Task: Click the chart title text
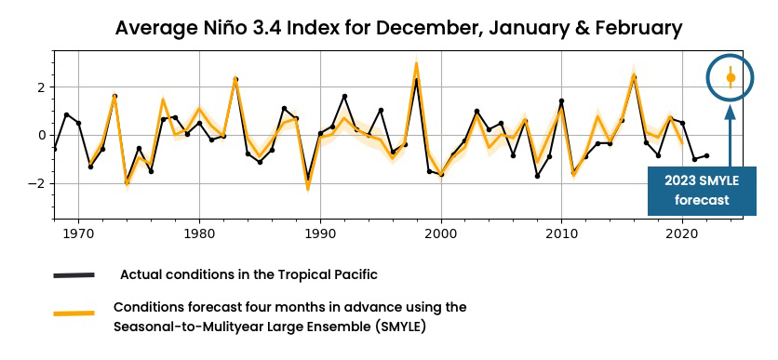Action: [398, 28]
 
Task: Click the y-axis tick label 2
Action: [41, 87]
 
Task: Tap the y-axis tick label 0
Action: [41, 135]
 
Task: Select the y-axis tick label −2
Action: [37, 183]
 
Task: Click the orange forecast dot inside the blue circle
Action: [731, 78]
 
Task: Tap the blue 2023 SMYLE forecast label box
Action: [702, 191]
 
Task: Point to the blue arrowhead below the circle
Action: [731, 113]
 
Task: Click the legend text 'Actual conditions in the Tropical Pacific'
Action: [248, 274]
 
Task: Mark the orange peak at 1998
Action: [416, 64]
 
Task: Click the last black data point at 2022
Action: [706, 155]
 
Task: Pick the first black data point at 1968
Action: [54, 149]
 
